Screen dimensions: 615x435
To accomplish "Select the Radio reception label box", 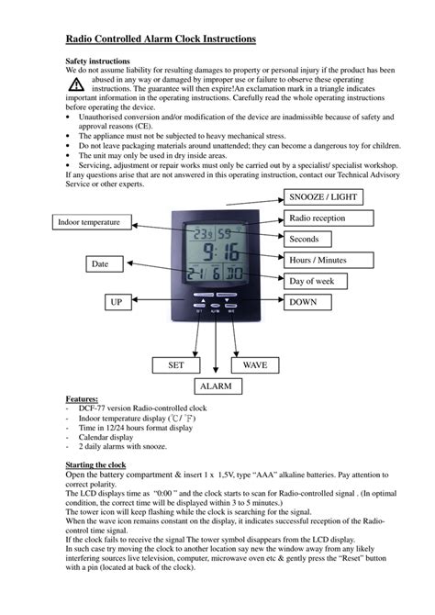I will (329, 218).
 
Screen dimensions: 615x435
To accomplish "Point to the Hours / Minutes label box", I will (329, 260).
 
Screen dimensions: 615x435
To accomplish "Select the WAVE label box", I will (255, 364).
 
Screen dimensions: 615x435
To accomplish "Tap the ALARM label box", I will (216, 386).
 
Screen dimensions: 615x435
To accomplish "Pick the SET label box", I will (176, 364).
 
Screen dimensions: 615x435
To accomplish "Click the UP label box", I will (117, 301).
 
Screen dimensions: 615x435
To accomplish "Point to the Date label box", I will (101, 264).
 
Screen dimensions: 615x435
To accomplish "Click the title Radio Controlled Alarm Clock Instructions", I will (161, 39).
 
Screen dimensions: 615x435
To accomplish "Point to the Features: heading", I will (83, 400).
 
